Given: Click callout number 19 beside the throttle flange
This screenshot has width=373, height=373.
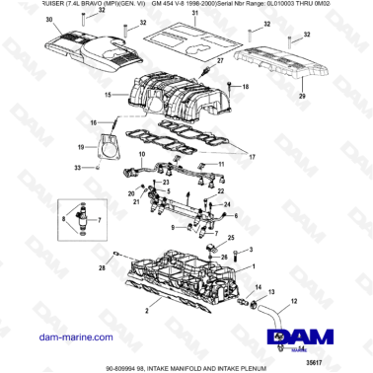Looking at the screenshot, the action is click(80, 146).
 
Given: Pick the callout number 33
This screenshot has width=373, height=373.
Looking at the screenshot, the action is click(79, 169).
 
